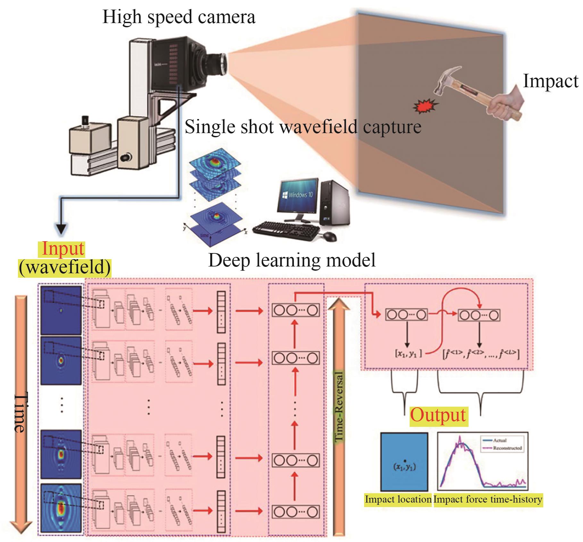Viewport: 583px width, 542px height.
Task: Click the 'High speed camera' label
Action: tap(179, 17)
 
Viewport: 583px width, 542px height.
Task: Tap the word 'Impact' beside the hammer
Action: tap(550, 81)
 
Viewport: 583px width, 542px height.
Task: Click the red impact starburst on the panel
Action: tap(426, 106)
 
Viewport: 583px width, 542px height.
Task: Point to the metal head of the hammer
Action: tap(447, 80)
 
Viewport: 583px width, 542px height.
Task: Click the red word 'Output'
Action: tap(438, 415)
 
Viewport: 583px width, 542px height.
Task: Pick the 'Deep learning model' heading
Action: tap(292, 260)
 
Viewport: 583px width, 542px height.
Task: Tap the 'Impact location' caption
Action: tap(398, 499)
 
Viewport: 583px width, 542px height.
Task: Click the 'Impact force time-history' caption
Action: tap(488, 499)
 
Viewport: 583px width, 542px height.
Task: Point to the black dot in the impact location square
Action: tap(405, 461)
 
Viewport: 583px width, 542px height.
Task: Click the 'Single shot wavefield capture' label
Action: tap(303, 127)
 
